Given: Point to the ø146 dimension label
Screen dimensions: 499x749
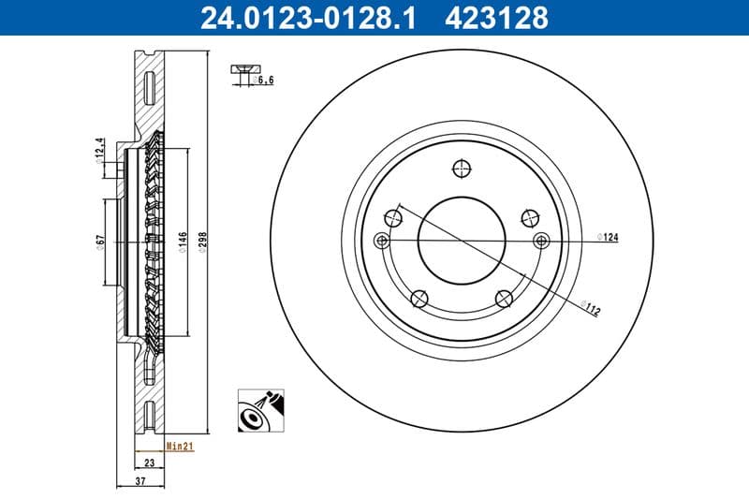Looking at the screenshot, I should point(184,242).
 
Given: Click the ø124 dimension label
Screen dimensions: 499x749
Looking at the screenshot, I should point(609,239).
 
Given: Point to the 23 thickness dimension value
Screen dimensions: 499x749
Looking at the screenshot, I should point(148,462).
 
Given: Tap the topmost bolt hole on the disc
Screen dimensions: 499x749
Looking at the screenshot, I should point(460,169).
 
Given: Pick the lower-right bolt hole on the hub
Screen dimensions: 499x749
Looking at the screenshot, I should point(504,298).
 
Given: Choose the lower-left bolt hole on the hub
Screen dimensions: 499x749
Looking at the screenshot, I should point(419,299).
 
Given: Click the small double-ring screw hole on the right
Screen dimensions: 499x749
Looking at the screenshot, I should point(540,241).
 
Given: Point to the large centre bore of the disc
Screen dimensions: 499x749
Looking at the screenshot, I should point(460,239).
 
